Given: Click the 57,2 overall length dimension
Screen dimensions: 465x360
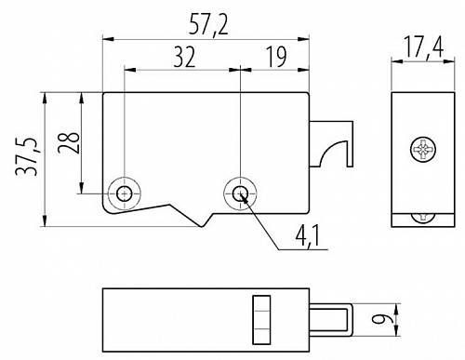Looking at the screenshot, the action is pos(208,25).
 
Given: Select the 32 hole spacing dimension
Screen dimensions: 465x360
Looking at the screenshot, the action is pos(184,57).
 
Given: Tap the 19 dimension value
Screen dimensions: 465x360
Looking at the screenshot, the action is pos(276,57).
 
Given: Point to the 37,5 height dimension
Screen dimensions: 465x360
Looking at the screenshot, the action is pos(27,157).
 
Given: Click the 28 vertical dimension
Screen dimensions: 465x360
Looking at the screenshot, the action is pos(69,142).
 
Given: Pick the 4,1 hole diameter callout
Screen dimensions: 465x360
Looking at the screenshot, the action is pos(308,237).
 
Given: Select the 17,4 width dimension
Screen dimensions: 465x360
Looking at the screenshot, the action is pos(424,47).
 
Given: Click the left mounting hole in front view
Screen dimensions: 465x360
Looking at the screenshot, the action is pos(125,193).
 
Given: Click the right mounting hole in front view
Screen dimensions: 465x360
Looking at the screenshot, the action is pos(240,193).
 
